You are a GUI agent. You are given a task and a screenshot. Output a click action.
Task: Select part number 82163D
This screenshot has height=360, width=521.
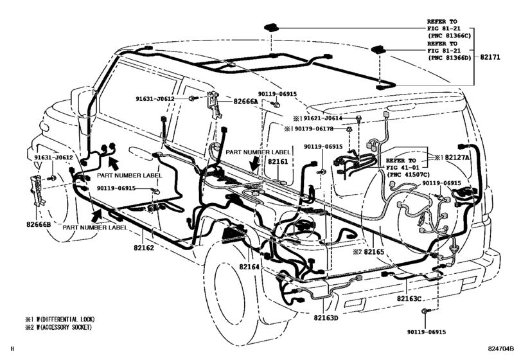click(327, 318)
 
